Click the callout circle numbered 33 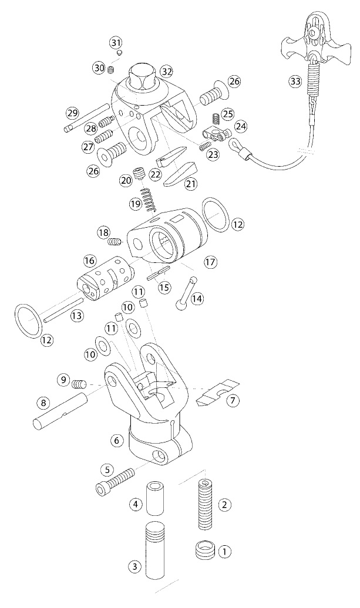click(x=295, y=82)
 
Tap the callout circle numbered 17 click(x=211, y=262)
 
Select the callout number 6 click(x=116, y=440)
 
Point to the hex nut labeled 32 click(x=143, y=77)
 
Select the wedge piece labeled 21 click(x=180, y=173)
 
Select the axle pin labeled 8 click(x=59, y=411)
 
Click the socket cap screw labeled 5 click(x=115, y=480)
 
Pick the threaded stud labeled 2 click(x=206, y=504)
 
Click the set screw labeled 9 click(x=79, y=384)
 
